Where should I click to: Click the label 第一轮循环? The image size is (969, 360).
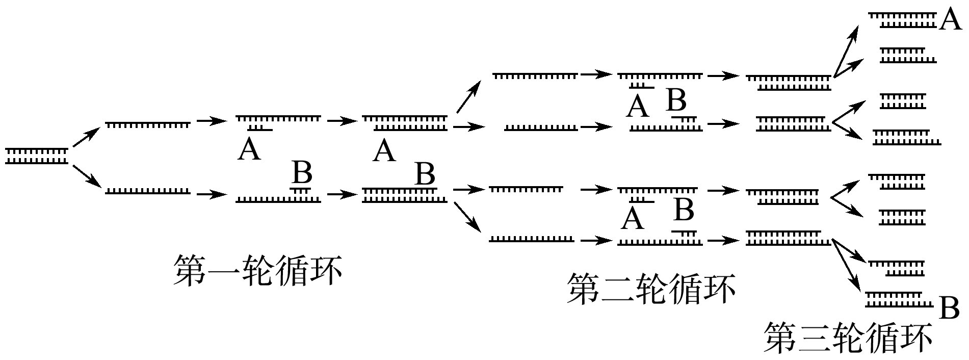pos(257,270)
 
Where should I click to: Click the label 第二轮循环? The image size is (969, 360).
pos(651,289)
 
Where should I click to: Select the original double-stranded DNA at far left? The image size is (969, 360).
pos(37,156)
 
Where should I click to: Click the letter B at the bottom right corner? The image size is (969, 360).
pos(949,308)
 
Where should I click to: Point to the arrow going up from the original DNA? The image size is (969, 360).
pos(85,138)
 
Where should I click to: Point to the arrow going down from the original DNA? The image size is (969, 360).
pos(85,175)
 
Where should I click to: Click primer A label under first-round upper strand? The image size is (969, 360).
pos(249,149)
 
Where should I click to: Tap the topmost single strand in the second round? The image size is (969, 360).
pos(535,75)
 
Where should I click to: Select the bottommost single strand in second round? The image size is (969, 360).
pos(532,239)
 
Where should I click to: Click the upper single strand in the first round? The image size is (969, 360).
pos(147,123)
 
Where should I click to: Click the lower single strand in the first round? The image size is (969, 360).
pos(147,192)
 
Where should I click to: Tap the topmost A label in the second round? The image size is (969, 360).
pos(638,107)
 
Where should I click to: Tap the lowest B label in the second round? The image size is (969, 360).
pos(684,209)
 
